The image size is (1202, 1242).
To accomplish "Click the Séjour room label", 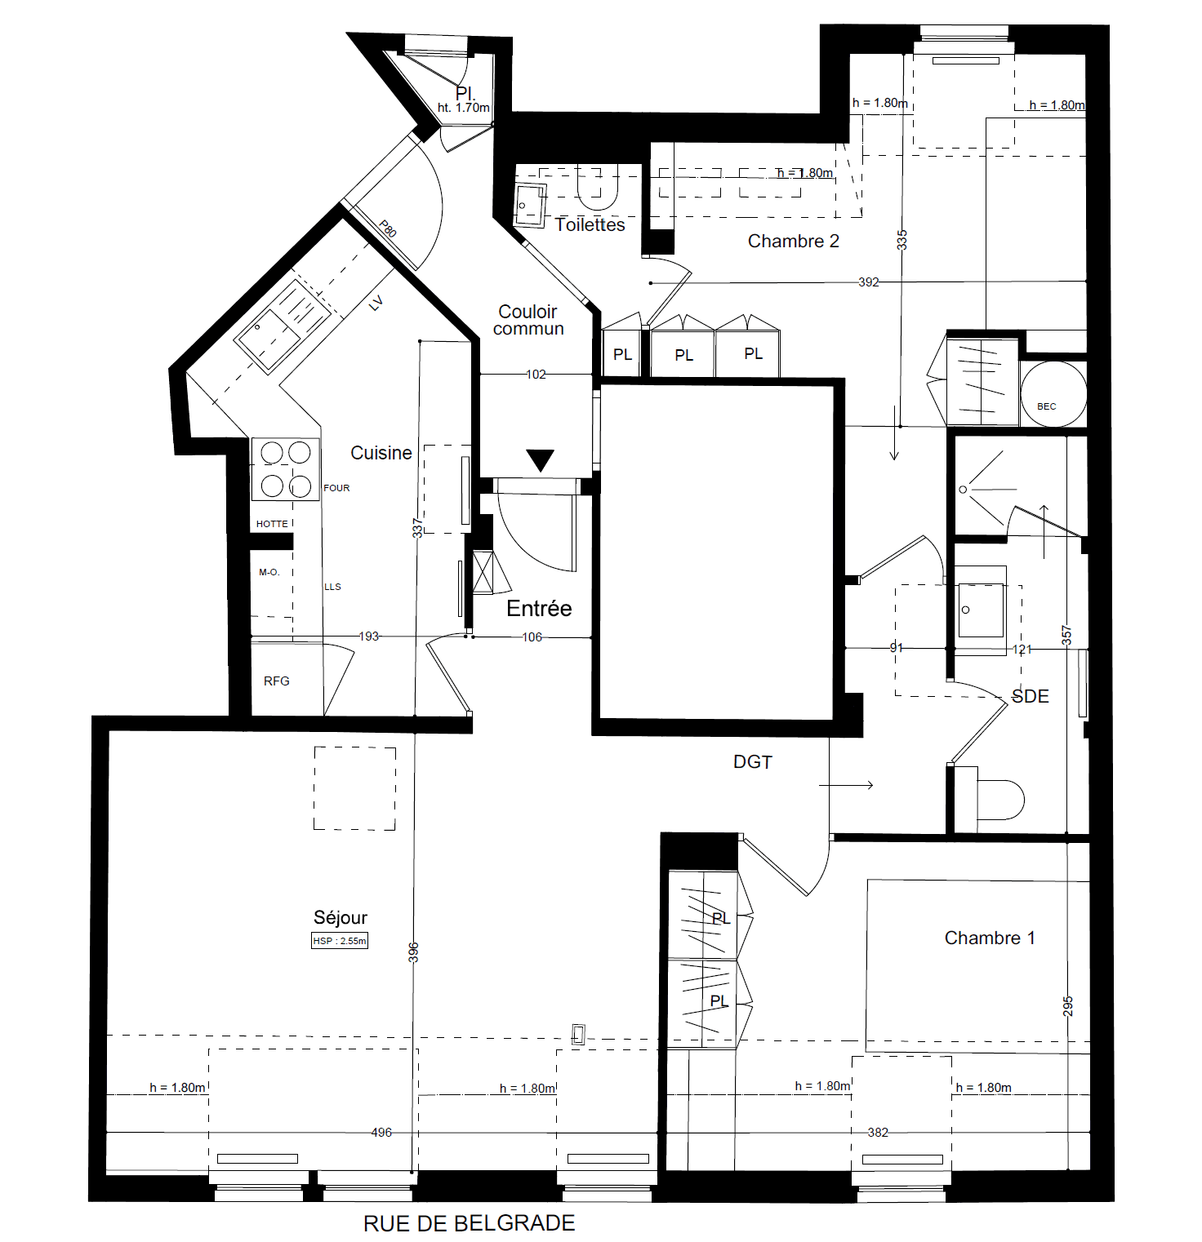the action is [x=341, y=918].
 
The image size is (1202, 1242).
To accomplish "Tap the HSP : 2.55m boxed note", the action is [x=340, y=941].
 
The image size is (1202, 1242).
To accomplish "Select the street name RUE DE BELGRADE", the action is [x=470, y=1223].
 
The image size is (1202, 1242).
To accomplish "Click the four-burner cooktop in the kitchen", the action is [x=286, y=469].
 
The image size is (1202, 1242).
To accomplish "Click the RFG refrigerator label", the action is [x=277, y=681].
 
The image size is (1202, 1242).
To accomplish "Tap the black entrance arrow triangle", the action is [x=540, y=459].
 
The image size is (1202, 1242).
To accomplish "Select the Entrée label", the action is [x=539, y=609].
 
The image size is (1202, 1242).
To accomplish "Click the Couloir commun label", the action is [x=528, y=320].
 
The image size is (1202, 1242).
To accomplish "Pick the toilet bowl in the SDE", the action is [x=1000, y=800].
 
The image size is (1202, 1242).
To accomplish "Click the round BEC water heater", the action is [x=1053, y=394].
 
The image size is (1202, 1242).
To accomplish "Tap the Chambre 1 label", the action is [x=990, y=938].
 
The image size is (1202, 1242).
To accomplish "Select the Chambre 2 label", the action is [x=794, y=242].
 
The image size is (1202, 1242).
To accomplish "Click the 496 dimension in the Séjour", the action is [x=381, y=1133].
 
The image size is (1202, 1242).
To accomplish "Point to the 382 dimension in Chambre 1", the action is [x=878, y=1133].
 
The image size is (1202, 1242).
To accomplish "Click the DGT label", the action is [x=753, y=762].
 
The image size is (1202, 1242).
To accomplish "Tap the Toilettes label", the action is [x=590, y=225].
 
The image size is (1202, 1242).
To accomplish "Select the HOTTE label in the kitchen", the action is [x=272, y=524].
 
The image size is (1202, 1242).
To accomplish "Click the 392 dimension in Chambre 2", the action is [x=869, y=282].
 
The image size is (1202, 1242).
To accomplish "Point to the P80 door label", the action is [x=388, y=229].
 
